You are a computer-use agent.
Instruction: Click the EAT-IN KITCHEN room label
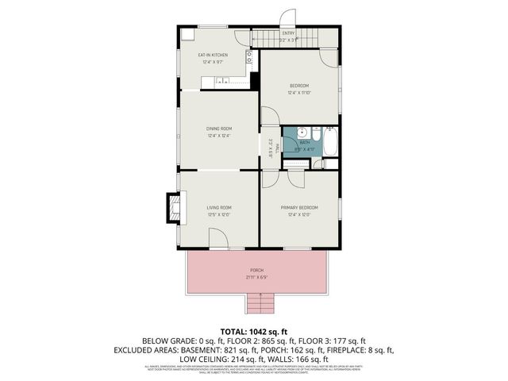213,55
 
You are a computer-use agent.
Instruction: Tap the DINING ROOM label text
219,129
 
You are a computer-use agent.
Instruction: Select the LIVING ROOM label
219,207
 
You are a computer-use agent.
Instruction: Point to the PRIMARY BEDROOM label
299,207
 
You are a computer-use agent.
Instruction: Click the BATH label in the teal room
305,143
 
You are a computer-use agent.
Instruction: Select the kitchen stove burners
249,57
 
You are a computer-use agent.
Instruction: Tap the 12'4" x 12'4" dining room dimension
219,136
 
